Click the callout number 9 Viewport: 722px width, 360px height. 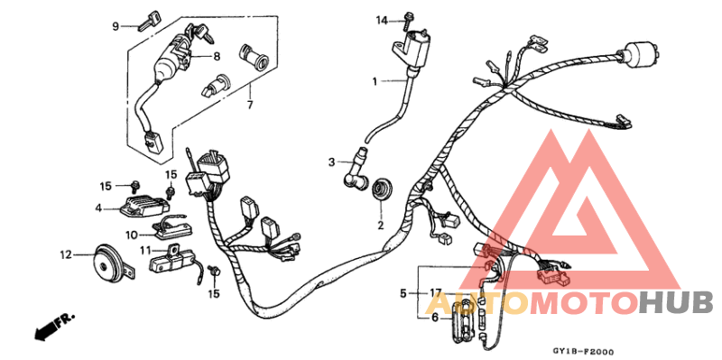116,25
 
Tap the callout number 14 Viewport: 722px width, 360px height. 382,20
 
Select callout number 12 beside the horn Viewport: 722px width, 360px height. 65,254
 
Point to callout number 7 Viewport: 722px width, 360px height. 249,106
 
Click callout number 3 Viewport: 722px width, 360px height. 331,162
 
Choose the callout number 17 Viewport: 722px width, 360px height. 435,293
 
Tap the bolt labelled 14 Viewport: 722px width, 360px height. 409,17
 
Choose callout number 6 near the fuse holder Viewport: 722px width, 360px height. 434,318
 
